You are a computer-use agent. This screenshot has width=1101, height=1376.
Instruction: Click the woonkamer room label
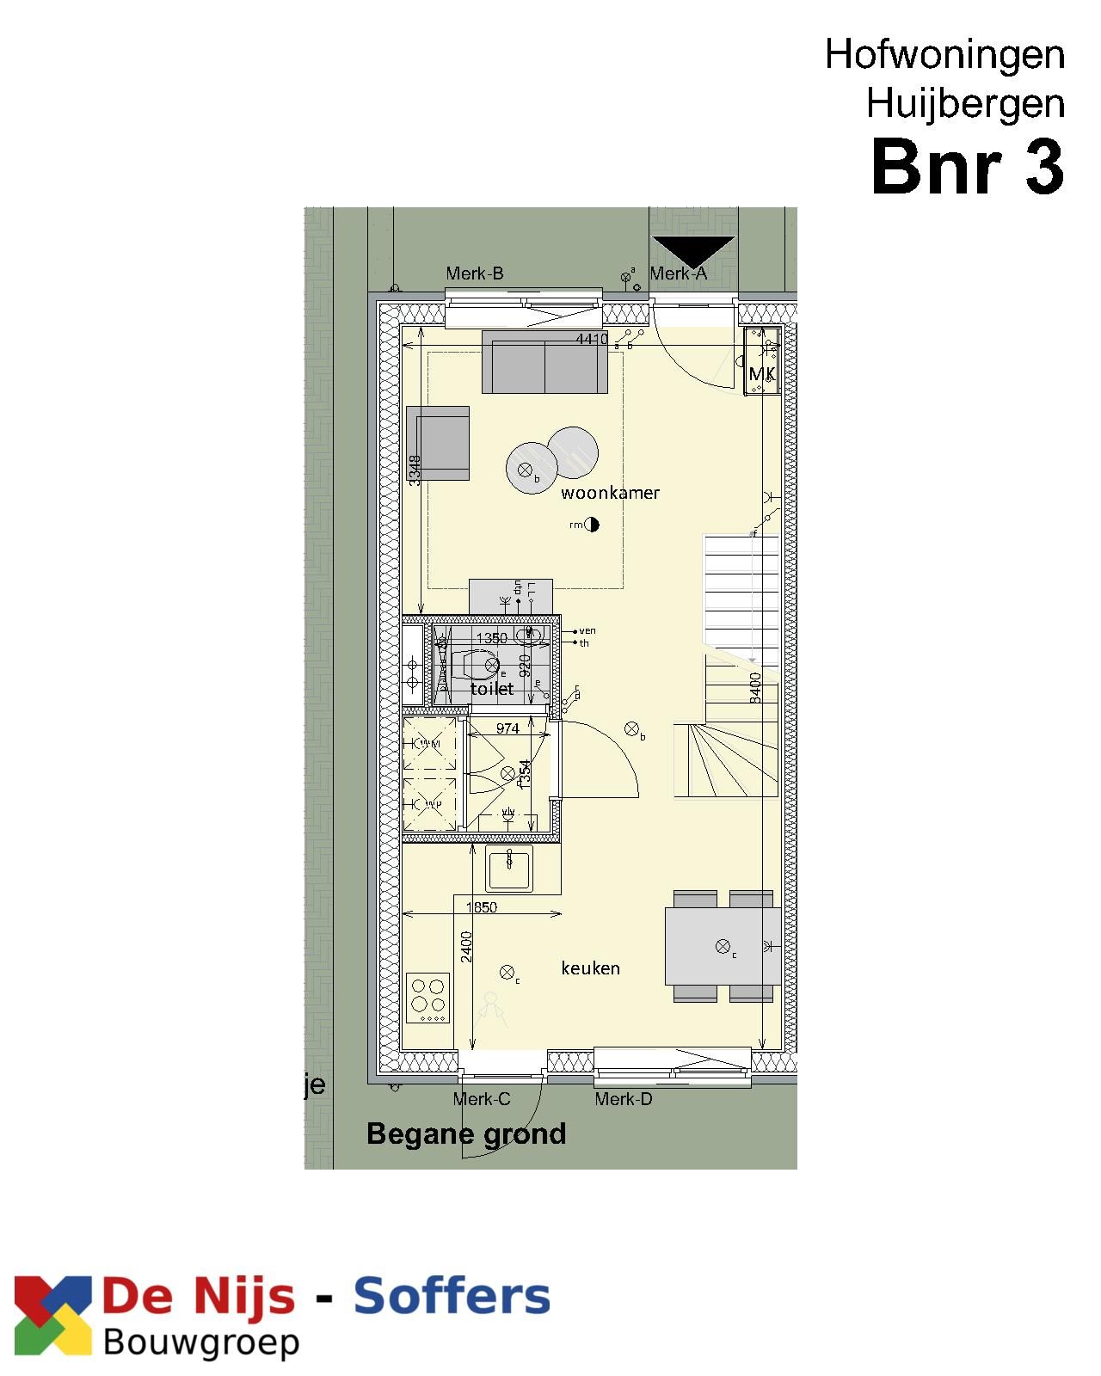click(610, 493)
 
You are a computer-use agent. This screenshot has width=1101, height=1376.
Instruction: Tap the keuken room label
click(590, 968)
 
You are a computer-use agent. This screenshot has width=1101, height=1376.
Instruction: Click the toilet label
click(492, 689)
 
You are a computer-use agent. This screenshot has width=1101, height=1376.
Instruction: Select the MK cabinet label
click(762, 374)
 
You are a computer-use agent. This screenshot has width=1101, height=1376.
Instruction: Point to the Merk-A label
click(678, 273)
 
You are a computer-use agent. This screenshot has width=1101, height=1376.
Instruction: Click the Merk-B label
click(475, 273)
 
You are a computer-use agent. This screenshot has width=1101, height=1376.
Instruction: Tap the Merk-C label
click(482, 1099)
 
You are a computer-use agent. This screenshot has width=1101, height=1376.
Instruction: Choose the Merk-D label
click(624, 1099)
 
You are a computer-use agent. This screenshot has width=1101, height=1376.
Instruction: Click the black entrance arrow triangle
click(693, 249)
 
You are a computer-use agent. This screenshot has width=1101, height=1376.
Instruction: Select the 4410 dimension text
click(592, 340)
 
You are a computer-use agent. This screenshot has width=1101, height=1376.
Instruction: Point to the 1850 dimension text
click(482, 907)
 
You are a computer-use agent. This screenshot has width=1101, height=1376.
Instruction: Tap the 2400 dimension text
click(466, 946)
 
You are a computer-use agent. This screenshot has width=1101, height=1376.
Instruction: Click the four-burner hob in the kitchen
click(428, 998)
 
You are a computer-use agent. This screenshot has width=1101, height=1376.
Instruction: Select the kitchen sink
click(509, 869)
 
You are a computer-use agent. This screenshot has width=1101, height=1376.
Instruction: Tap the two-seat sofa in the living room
click(544, 362)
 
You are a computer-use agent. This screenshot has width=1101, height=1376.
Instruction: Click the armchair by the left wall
click(439, 443)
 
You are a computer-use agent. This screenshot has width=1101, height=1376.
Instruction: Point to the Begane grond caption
click(466, 1133)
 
